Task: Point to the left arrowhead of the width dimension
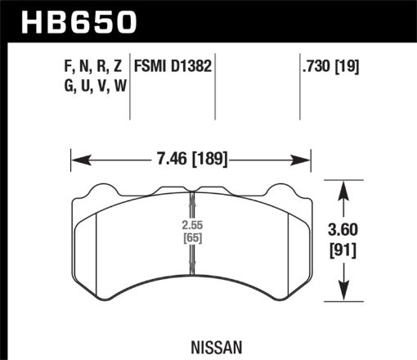point(76,159)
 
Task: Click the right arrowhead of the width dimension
point(309,159)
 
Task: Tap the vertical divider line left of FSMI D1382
point(132,90)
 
